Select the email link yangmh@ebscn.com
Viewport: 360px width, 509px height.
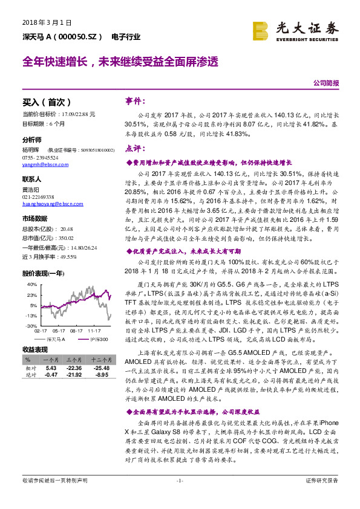[42, 165]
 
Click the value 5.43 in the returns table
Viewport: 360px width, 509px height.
[51, 368]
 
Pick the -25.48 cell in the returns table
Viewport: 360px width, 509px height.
[100, 368]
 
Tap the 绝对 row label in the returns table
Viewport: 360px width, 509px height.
[30, 375]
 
